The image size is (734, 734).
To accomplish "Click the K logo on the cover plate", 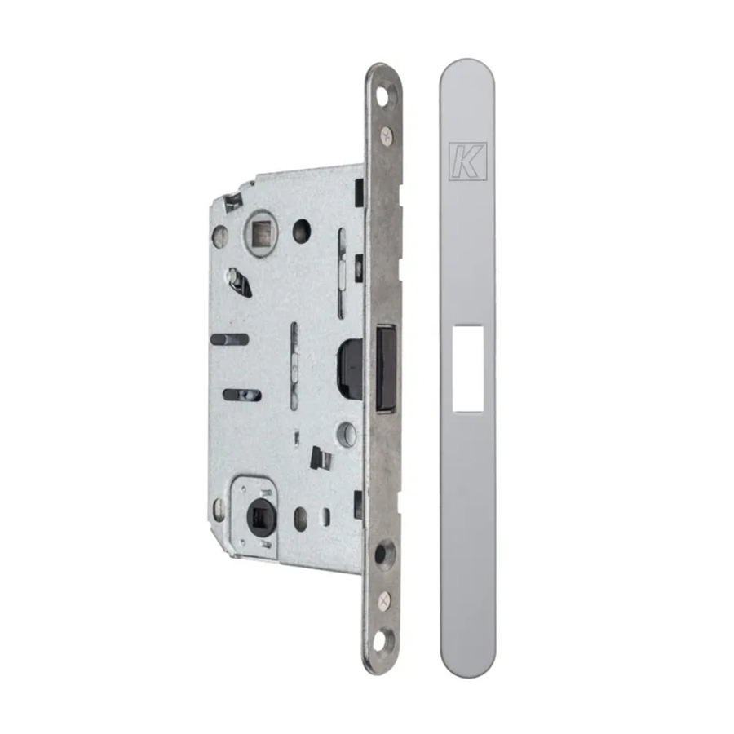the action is pyautogui.click(x=467, y=161).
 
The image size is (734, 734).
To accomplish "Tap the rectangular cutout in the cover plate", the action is pyautogui.click(x=467, y=369).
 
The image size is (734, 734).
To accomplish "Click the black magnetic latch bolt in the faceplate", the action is pyautogui.click(x=387, y=369).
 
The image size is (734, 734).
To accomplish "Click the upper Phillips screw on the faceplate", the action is pyautogui.click(x=387, y=135).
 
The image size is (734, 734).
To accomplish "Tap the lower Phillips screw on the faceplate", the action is pyautogui.click(x=384, y=600).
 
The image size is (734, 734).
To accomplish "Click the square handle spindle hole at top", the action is pyautogui.click(x=259, y=232).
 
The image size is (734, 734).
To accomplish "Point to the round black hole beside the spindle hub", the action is pyautogui.click(x=302, y=231).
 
